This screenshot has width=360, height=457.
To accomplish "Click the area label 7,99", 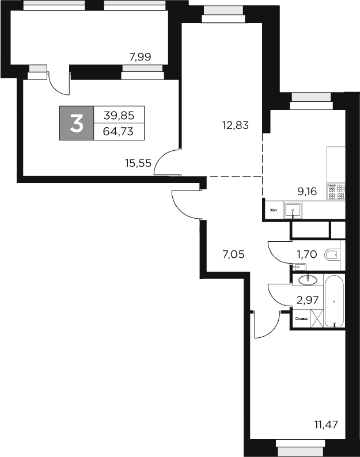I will (141, 56).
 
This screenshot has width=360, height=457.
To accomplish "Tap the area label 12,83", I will (236, 124).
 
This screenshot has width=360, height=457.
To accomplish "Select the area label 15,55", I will (138, 163).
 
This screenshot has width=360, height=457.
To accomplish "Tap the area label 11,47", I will (326, 425).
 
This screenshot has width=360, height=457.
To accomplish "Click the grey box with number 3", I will (76, 123).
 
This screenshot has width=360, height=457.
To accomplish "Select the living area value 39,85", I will (118, 115).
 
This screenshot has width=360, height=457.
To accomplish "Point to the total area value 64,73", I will (118, 131).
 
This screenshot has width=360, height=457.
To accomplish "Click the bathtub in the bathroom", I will (334, 302).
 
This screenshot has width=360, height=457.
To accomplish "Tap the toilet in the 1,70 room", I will (332, 254).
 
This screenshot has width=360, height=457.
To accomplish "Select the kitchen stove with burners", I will (336, 191).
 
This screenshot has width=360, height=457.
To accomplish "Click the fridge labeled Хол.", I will (273, 210).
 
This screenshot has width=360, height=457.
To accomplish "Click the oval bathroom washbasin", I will (308, 279).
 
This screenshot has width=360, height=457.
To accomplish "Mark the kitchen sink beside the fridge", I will (294, 210).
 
